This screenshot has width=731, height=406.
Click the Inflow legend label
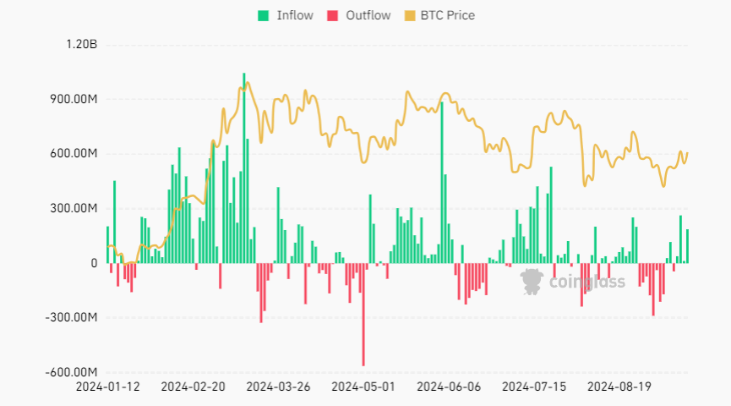click(295, 15)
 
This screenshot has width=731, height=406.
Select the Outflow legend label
click(368, 15)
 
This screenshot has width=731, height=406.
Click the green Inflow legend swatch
click(264, 15)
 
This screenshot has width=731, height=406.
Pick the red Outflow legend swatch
click(332, 15)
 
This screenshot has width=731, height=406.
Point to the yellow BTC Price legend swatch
click(411, 15)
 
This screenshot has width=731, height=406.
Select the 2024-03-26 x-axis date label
click(278, 387)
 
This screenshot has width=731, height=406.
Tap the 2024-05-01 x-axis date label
click(363, 387)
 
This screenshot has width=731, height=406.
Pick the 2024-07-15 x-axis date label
click(534, 387)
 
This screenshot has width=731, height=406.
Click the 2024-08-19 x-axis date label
click(619, 387)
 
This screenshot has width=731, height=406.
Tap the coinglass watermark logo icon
click(532, 281)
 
